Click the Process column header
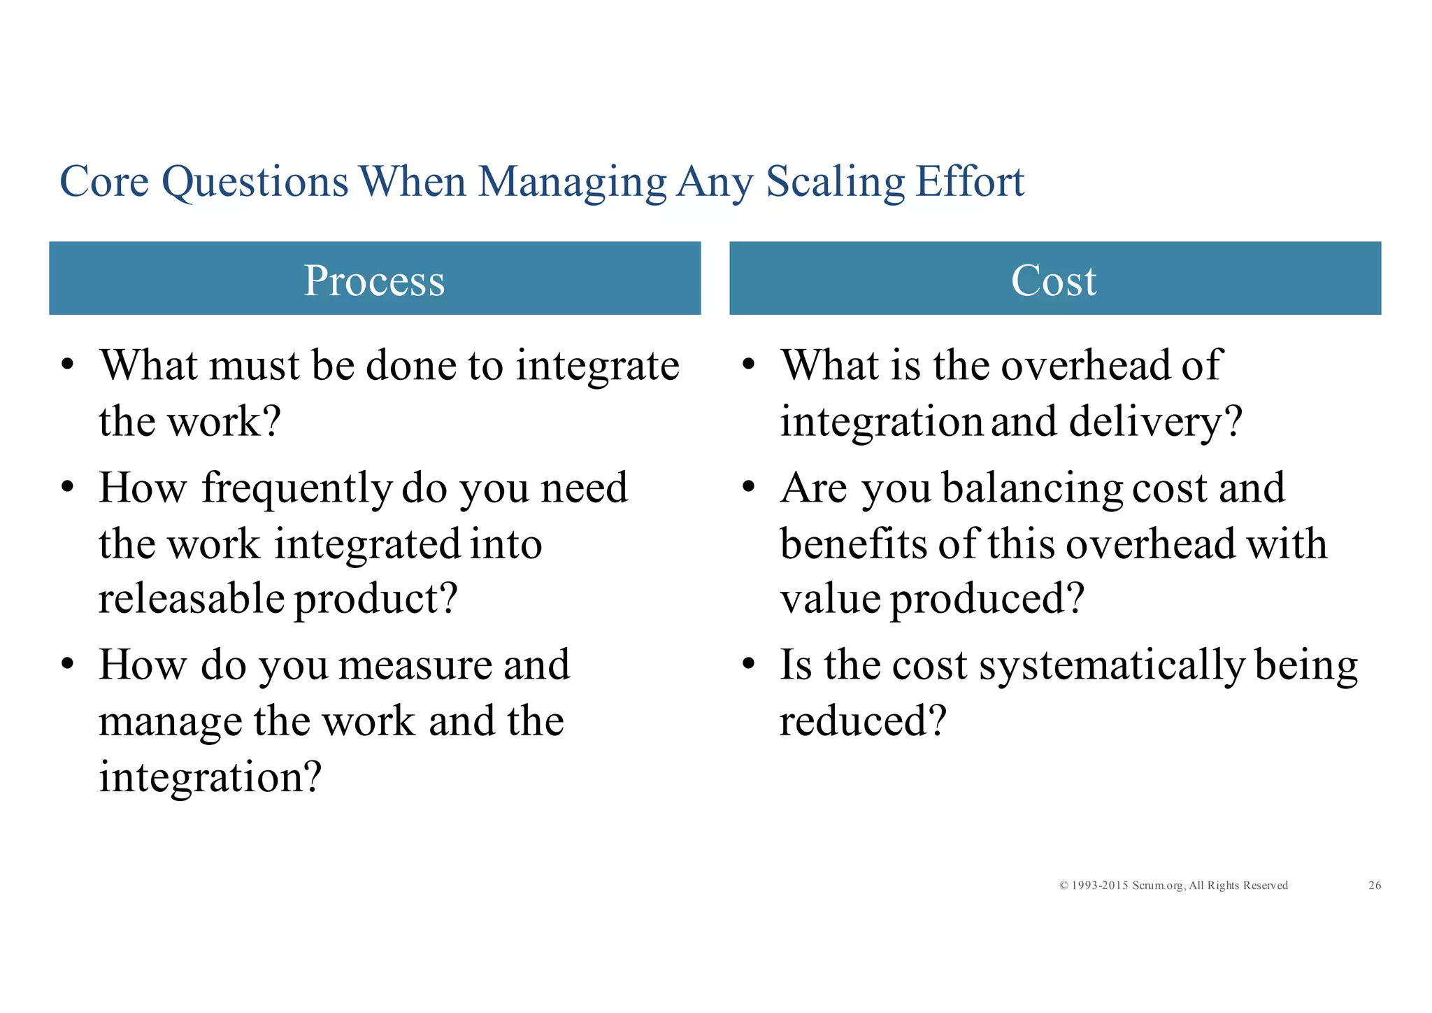click(x=374, y=280)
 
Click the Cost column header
click(x=1054, y=280)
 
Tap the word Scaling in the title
click(x=835, y=182)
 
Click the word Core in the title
click(x=104, y=182)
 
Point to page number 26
click(x=1374, y=886)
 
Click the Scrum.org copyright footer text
click(x=1173, y=886)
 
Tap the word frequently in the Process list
click(x=297, y=489)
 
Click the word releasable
click(x=191, y=599)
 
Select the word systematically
click(x=1112, y=666)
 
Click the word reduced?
click(x=862, y=721)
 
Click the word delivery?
click(x=1155, y=423)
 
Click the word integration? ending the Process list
click(x=210, y=777)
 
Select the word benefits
click(x=854, y=544)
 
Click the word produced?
click(x=987, y=600)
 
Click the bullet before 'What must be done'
click(x=68, y=365)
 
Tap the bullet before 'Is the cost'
click(x=749, y=664)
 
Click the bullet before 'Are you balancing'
click(x=749, y=487)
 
